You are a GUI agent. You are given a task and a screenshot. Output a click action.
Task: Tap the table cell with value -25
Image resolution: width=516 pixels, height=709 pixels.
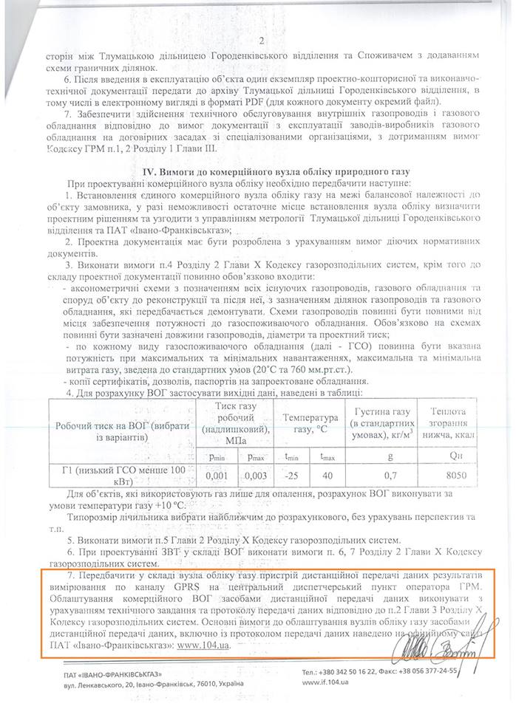click(292, 476)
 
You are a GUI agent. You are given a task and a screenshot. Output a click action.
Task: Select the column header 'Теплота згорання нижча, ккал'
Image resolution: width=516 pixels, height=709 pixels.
click(451, 422)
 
